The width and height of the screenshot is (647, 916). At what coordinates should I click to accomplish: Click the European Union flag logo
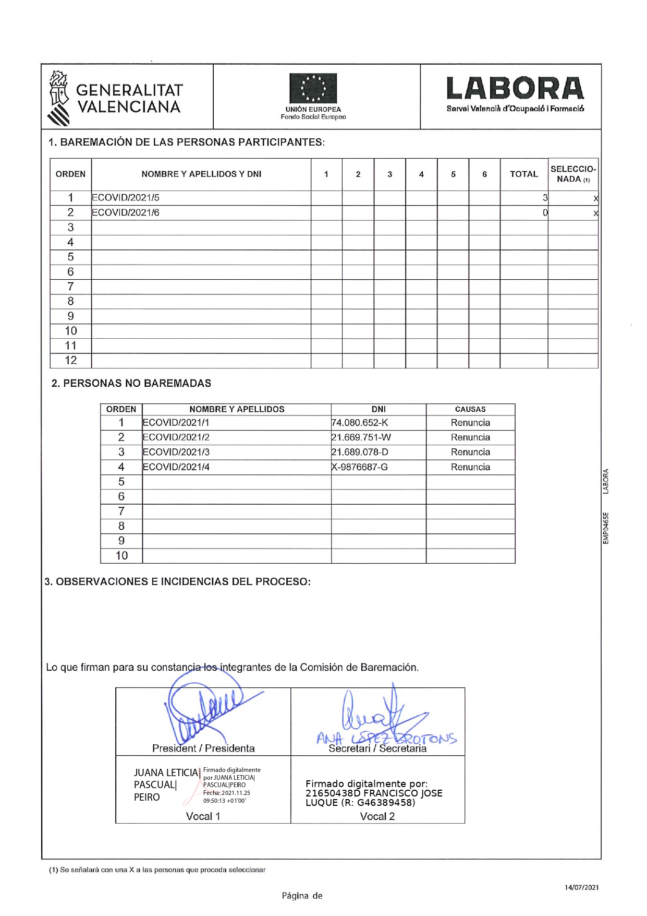(313, 88)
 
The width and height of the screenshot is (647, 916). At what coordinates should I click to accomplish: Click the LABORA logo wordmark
(515, 89)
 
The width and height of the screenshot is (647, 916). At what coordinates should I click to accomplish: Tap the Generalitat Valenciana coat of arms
(59, 98)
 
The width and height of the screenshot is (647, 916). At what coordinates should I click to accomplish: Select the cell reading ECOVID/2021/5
(126, 198)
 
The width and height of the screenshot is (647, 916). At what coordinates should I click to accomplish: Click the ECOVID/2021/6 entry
(126, 212)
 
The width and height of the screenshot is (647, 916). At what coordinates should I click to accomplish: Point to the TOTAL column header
(523, 174)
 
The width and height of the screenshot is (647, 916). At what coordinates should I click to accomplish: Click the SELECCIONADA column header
(572, 174)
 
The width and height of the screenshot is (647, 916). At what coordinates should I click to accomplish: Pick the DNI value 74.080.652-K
(360, 423)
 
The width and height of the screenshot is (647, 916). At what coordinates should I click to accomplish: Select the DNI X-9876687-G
(360, 467)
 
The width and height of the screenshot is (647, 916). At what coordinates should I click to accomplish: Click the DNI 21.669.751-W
(361, 437)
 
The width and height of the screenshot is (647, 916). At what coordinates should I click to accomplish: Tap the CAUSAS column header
(470, 410)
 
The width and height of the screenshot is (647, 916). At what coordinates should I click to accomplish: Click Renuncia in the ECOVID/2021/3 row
(470, 452)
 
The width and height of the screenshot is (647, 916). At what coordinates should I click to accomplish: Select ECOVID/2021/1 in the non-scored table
(176, 423)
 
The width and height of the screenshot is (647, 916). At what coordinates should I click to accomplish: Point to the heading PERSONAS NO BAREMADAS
(131, 384)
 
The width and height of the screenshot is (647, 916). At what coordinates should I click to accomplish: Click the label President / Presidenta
(203, 748)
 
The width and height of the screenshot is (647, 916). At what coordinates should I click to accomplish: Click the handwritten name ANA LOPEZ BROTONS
(386, 739)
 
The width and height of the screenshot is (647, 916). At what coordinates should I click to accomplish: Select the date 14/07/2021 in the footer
(582, 887)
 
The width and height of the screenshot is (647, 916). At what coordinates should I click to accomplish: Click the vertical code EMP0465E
(605, 528)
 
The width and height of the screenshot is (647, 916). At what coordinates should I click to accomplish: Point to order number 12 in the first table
(71, 361)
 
